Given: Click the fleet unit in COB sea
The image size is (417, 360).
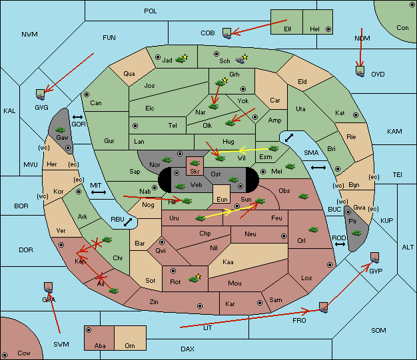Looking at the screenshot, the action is point(227,33).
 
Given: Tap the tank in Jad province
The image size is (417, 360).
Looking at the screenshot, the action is point(181,60).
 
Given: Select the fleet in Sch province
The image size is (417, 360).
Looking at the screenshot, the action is point(240,60).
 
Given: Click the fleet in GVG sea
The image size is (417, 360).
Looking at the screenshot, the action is point(41,94).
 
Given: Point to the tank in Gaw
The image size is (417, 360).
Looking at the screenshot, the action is point(61,130).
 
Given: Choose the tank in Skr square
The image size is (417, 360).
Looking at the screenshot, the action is point(195,163).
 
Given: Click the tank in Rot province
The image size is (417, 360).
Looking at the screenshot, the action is point(194,279).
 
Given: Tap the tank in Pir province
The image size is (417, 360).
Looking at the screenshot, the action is point(356,233).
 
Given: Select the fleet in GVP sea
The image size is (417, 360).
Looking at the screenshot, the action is point(375,258).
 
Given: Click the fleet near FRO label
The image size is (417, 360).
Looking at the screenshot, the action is point(323,307).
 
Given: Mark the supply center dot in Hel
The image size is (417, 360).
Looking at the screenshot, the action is point(328,29).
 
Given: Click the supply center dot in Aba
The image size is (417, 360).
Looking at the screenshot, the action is point(89,330).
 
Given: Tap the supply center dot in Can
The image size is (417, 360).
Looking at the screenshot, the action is point(87,94).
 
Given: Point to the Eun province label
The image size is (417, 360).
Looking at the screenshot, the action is point(222,199).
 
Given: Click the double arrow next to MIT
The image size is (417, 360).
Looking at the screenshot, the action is point(99,192).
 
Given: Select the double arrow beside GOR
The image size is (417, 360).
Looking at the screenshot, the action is point(77,117).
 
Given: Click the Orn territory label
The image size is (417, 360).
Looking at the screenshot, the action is point(130,345).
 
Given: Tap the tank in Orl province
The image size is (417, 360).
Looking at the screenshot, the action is point(313,230).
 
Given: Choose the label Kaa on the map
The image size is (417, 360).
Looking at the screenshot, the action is point(228,262).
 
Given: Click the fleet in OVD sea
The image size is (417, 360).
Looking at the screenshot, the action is point(360,71).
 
